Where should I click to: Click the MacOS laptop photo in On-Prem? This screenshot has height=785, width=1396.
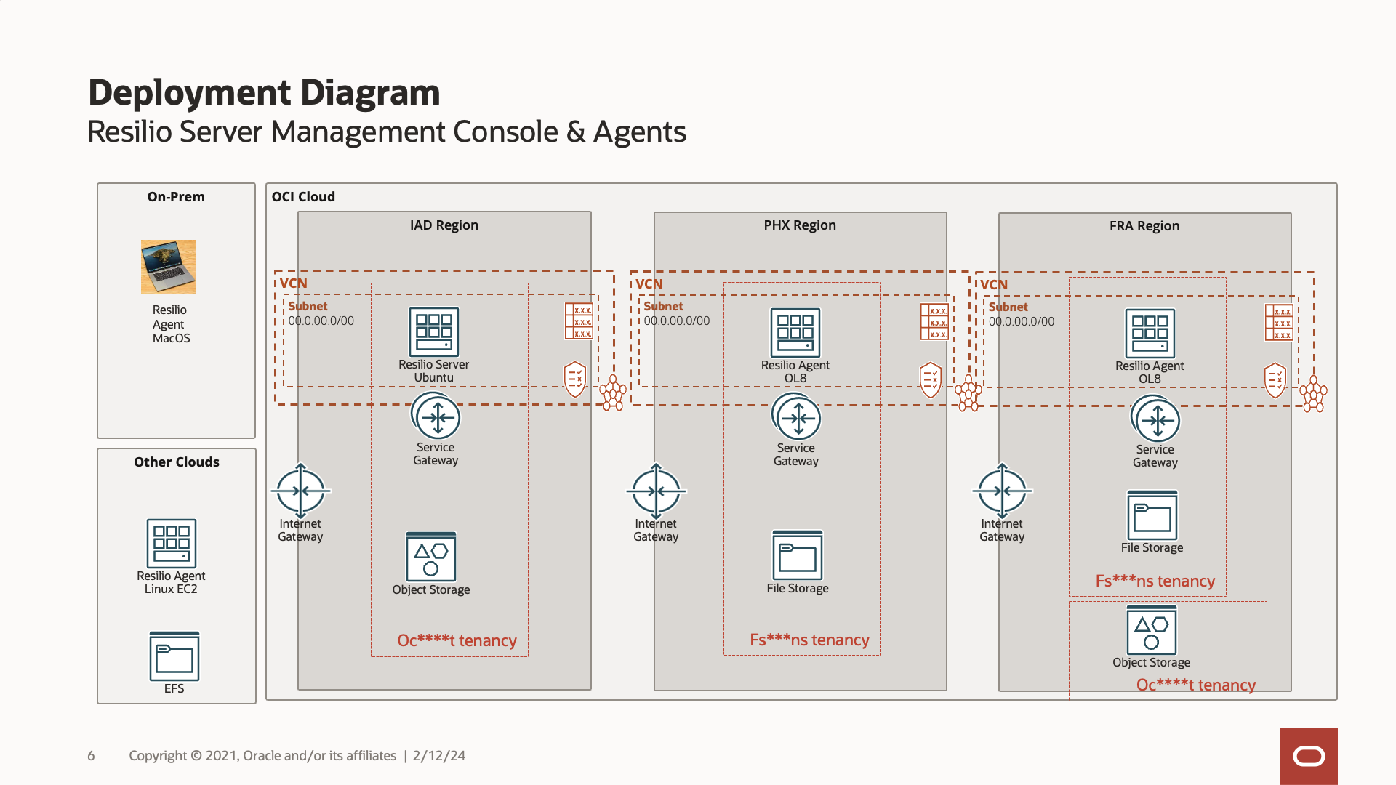[168, 267]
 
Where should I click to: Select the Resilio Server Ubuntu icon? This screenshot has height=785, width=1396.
[434, 332]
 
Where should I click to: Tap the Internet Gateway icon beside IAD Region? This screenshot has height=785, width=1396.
[300, 491]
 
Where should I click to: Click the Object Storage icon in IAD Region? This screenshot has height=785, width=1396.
[431, 557]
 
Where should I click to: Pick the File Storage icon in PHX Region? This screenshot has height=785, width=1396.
[798, 556]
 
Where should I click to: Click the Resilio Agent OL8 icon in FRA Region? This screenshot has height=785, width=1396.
[1150, 334]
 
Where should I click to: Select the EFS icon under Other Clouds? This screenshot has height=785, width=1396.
[174, 656]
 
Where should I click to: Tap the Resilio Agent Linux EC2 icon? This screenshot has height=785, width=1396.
[172, 543]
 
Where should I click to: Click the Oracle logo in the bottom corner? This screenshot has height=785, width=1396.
[1309, 756]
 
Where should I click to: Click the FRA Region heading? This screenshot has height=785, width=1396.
[1144, 226]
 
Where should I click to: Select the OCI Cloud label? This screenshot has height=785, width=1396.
[303, 197]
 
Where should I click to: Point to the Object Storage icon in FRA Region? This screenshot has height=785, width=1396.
[1151, 630]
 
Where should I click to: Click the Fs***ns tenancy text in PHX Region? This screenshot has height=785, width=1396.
[809, 640]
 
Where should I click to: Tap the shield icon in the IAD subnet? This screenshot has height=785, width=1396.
[575, 379]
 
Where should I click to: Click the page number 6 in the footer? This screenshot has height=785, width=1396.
[91, 756]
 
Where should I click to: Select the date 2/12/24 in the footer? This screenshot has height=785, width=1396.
[439, 756]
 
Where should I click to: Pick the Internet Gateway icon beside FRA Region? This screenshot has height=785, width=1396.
[1002, 491]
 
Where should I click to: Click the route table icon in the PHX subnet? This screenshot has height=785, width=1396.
[934, 321]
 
